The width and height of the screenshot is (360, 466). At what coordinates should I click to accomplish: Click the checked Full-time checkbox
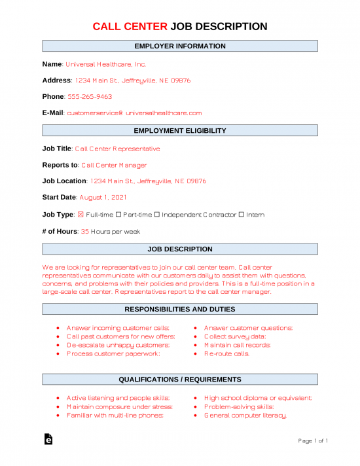[81, 215]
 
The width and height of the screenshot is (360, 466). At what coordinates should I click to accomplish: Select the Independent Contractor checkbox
[158, 215]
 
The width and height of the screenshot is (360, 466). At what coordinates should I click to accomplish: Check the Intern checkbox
[242, 215]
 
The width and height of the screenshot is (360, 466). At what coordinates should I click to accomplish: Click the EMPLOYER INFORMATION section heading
[180, 46]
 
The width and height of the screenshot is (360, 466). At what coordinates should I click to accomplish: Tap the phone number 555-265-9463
[90, 96]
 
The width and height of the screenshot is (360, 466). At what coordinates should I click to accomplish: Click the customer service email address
[135, 113]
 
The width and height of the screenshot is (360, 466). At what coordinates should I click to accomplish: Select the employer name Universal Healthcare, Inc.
[105, 64]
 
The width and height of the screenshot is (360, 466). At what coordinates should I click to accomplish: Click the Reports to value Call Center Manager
[114, 165]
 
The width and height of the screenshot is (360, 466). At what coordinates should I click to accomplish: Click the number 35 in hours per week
[84, 231]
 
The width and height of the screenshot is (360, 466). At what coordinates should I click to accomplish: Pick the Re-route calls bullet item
[226, 353]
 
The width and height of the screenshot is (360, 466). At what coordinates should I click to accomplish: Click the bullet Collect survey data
[234, 336]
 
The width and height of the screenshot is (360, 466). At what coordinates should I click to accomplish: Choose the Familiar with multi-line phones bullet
[115, 415]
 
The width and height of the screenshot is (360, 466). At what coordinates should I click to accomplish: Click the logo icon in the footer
[48, 441]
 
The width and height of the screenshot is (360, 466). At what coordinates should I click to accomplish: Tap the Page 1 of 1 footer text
[313, 441]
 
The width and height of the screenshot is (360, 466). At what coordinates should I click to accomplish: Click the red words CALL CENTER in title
[130, 26]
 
